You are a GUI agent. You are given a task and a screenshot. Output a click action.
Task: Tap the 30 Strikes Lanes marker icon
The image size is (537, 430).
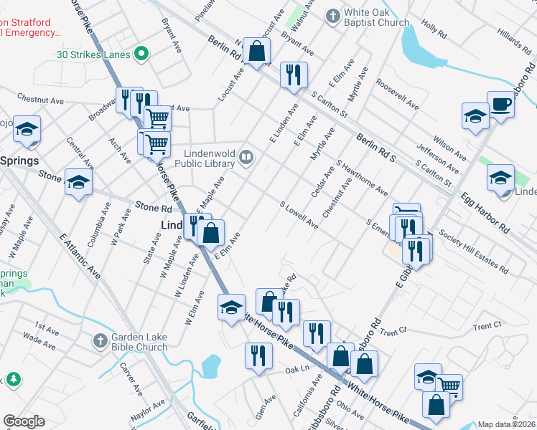click(x=142, y=54)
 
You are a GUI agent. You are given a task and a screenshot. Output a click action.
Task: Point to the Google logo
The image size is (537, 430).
click(x=24, y=421)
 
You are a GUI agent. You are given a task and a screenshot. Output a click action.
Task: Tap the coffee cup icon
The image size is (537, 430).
click(x=500, y=104)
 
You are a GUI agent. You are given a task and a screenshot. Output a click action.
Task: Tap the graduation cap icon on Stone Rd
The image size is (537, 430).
click(x=78, y=181)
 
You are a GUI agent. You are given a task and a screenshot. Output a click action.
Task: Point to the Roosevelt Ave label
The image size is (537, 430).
click(x=397, y=94)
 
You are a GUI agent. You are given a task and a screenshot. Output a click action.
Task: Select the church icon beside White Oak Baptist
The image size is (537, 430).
click(x=332, y=15)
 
